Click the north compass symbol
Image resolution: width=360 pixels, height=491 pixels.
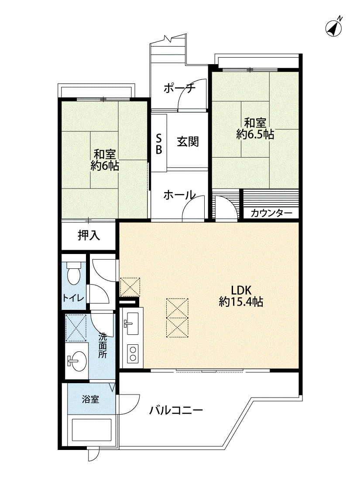pyautogui.click(x=334, y=27)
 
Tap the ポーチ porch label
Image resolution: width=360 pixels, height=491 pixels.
pyautogui.click(x=179, y=89)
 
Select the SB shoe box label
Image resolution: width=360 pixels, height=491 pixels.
pyautogui.click(x=159, y=144)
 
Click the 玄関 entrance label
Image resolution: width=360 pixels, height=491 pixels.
pyautogui.click(x=188, y=141)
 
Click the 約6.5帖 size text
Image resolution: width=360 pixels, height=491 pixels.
pyautogui.click(x=255, y=135)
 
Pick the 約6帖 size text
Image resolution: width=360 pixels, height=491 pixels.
pyautogui.click(x=105, y=166)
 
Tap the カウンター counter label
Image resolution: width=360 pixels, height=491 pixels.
pyautogui.click(x=271, y=213)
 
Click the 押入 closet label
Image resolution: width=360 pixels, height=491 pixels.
pyautogui.click(x=89, y=235)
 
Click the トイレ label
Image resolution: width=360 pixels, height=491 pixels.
pyautogui.click(x=73, y=298)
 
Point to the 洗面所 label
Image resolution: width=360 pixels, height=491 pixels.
pyautogui.click(x=103, y=345)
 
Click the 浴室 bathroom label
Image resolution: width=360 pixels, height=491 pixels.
pyautogui.click(x=90, y=399)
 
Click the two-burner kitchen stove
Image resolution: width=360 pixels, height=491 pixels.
pyautogui.click(x=133, y=353)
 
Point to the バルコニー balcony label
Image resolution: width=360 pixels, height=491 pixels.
pyautogui.click(x=176, y=410)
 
